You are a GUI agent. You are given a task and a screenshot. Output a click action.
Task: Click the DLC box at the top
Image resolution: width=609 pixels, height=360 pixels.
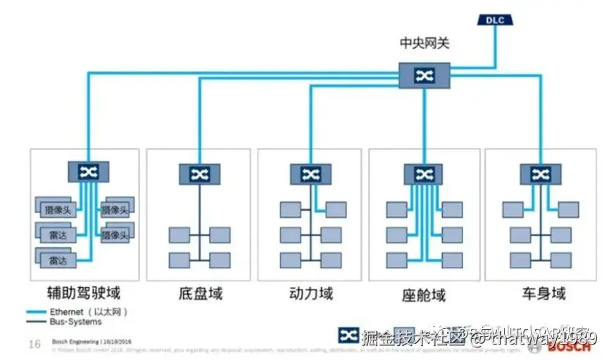495,19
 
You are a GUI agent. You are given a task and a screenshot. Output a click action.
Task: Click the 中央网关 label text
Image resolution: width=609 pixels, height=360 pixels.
424,44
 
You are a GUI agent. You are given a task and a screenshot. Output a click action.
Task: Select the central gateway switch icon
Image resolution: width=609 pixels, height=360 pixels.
424,75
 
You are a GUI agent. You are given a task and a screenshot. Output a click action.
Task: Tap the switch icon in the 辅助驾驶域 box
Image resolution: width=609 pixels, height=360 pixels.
88,171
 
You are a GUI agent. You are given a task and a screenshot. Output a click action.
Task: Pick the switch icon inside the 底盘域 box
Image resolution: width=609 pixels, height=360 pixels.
199,174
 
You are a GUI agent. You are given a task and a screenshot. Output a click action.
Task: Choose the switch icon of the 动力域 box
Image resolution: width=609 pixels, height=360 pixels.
310,174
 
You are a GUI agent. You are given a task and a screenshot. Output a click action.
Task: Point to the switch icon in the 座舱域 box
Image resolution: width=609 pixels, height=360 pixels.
424,174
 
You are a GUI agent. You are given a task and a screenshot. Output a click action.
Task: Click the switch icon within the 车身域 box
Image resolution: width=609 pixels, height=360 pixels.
541,174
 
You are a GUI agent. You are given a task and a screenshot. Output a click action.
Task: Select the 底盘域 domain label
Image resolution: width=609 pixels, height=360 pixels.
201,292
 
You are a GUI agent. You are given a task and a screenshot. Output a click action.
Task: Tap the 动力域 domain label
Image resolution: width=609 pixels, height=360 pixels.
311,292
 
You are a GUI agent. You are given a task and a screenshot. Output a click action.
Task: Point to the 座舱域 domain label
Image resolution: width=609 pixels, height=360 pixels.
424,292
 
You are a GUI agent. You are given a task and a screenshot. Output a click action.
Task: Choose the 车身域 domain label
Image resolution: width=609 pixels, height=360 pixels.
544,292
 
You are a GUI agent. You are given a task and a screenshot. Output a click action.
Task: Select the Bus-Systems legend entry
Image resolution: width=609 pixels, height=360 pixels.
75,322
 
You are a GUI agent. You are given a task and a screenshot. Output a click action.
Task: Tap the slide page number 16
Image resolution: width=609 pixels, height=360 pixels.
34,345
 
